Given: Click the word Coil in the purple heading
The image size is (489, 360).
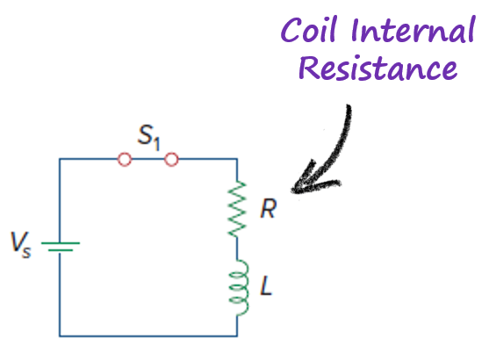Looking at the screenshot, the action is click(x=309, y=29).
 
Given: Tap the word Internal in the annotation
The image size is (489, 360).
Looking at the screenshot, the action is click(x=413, y=29).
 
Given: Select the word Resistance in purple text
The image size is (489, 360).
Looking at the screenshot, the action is click(x=378, y=68).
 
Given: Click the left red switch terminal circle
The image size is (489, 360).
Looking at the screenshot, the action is click(x=125, y=160).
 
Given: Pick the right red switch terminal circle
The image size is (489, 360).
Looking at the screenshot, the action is click(x=171, y=160).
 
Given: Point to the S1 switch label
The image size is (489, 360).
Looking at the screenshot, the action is click(x=148, y=137).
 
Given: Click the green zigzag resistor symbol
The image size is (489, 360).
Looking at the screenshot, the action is click(x=237, y=209).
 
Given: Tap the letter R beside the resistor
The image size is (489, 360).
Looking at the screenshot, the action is click(x=268, y=208).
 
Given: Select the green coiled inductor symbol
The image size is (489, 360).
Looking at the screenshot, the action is click(x=240, y=288).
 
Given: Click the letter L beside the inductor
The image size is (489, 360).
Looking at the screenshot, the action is click(x=266, y=285).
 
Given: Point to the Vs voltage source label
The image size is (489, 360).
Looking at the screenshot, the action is click(x=20, y=245).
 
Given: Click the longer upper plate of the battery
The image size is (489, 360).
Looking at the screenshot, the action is click(x=61, y=242).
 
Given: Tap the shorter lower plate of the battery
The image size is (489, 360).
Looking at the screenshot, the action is click(x=61, y=250).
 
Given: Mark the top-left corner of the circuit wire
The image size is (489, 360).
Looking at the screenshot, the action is click(x=60, y=159).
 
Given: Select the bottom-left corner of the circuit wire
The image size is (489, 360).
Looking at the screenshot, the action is click(x=60, y=336).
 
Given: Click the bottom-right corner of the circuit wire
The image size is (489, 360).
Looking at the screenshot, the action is click(x=237, y=336).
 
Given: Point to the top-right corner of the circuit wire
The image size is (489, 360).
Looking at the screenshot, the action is click(x=237, y=159).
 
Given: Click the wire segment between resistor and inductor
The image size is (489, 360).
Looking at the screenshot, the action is click(x=237, y=248).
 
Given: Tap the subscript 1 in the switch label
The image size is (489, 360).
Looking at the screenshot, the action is click(x=156, y=145).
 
